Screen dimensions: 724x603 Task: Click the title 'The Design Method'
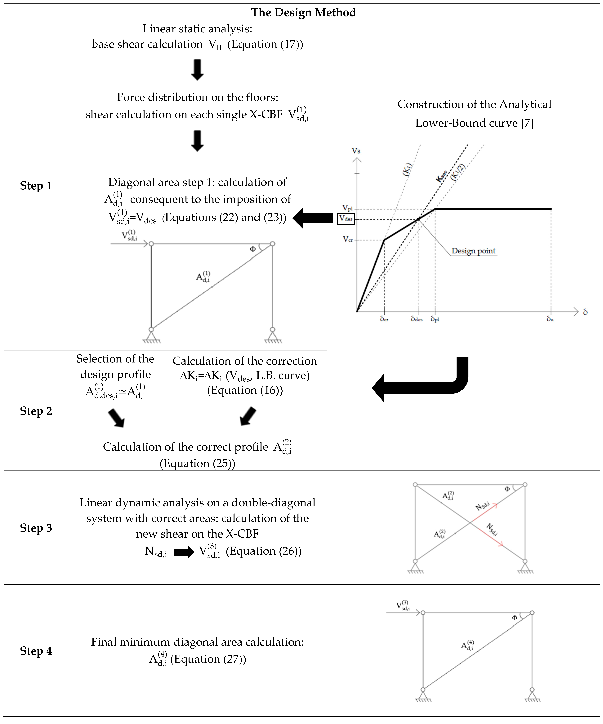coord(303,12)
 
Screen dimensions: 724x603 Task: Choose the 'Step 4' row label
coord(36,651)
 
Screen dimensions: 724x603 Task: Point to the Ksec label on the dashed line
coord(441,176)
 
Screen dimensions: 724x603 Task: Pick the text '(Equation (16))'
coord(245,390)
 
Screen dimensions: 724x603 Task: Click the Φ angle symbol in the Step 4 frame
coord(514,618)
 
